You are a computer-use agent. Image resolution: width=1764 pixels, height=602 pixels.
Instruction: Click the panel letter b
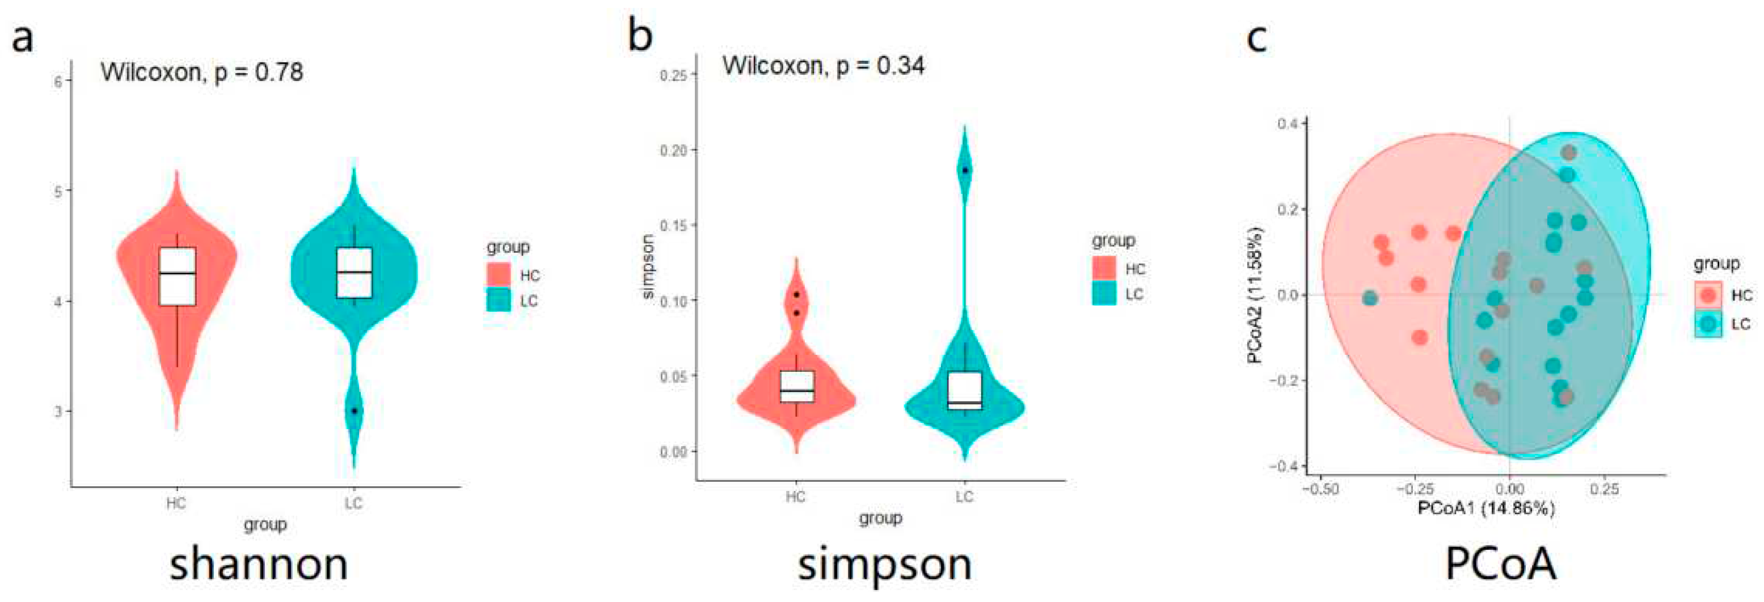640,36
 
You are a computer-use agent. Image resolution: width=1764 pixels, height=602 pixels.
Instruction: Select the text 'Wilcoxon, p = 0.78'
201,72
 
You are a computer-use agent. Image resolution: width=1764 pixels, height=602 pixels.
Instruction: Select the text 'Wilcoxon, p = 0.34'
823,66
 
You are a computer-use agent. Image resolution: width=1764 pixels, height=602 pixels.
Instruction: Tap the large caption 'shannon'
259,565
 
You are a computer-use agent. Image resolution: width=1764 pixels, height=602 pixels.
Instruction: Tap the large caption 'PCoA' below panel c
1500,565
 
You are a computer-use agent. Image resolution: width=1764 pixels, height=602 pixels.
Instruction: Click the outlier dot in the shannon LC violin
354,410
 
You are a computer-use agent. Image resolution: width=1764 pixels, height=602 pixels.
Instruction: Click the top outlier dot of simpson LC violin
965,170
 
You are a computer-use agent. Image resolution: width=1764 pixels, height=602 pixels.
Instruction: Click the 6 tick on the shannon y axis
58,82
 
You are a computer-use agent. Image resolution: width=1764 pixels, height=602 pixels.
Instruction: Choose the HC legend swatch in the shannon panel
499,275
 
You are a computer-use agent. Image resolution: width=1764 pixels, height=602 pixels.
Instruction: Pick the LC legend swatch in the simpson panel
1104,294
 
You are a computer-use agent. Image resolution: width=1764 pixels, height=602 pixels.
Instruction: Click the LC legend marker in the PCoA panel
1708,324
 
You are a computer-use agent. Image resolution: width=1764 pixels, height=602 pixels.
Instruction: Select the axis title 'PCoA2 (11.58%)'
1255,295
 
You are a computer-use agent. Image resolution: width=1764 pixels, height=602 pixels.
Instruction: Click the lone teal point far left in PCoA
1370,298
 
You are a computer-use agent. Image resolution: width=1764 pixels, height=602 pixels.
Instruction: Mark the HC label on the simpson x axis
796,497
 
